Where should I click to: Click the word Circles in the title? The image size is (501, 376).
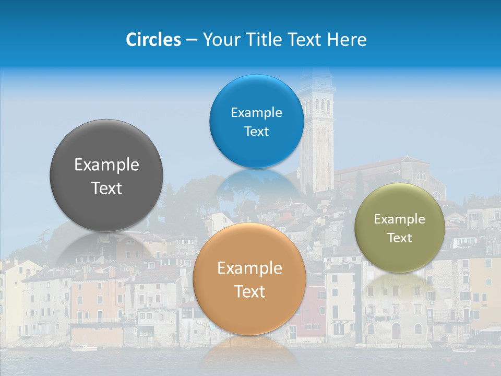click(153, 40)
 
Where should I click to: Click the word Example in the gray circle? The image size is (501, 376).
click(106, 165)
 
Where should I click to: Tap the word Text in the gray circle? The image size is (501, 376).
click(106, 188)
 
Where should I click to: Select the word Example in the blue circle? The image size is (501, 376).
click(256, 113)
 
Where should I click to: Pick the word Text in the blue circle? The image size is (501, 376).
click(256, 132)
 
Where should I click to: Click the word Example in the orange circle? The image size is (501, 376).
click(249, 268)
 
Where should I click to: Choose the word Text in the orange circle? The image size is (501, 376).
click(249, 291)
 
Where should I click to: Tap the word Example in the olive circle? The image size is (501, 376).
click(399, 219)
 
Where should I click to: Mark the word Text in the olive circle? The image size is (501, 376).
click(399, 238)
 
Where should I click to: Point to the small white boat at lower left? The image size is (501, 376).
click(83, 348)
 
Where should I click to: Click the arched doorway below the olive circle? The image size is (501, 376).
click(396, 331)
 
